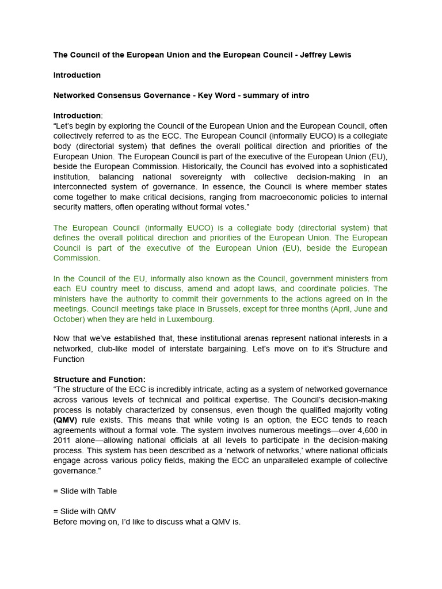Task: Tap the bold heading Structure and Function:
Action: pos(100,379)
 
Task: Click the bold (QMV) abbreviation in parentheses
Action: pos(66,420)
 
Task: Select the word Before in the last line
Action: pos(67,522)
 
